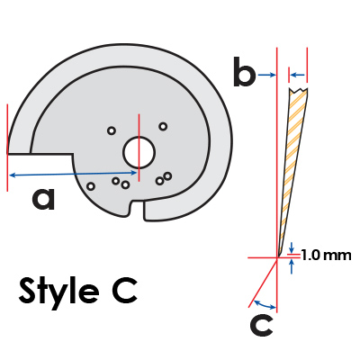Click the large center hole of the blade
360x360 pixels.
pos(139,152)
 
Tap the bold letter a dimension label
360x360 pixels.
pos(44,199)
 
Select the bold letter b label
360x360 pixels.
pos(245,72)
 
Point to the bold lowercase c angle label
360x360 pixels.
pos(261,325)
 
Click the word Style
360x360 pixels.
pos(59,291)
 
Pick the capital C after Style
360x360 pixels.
pos(125,290)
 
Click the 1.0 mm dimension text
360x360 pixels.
pos(326,256)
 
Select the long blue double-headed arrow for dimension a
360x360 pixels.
pos(73,174)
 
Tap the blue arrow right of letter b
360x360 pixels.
pos(266,75)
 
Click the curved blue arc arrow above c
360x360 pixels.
pos(264,304)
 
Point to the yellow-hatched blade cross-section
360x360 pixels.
pos(293,168)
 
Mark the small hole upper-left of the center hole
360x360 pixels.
pos(112,130)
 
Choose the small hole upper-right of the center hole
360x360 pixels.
pos(163,126)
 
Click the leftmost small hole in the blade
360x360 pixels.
pos(91,186)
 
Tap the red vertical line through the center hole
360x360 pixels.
pos(139,148)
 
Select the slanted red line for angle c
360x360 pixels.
pos(263,283)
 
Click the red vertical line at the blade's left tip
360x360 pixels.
pos(7,148)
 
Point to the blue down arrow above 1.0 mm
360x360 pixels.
pos(291,247)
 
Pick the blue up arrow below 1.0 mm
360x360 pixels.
pos(291,266)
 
